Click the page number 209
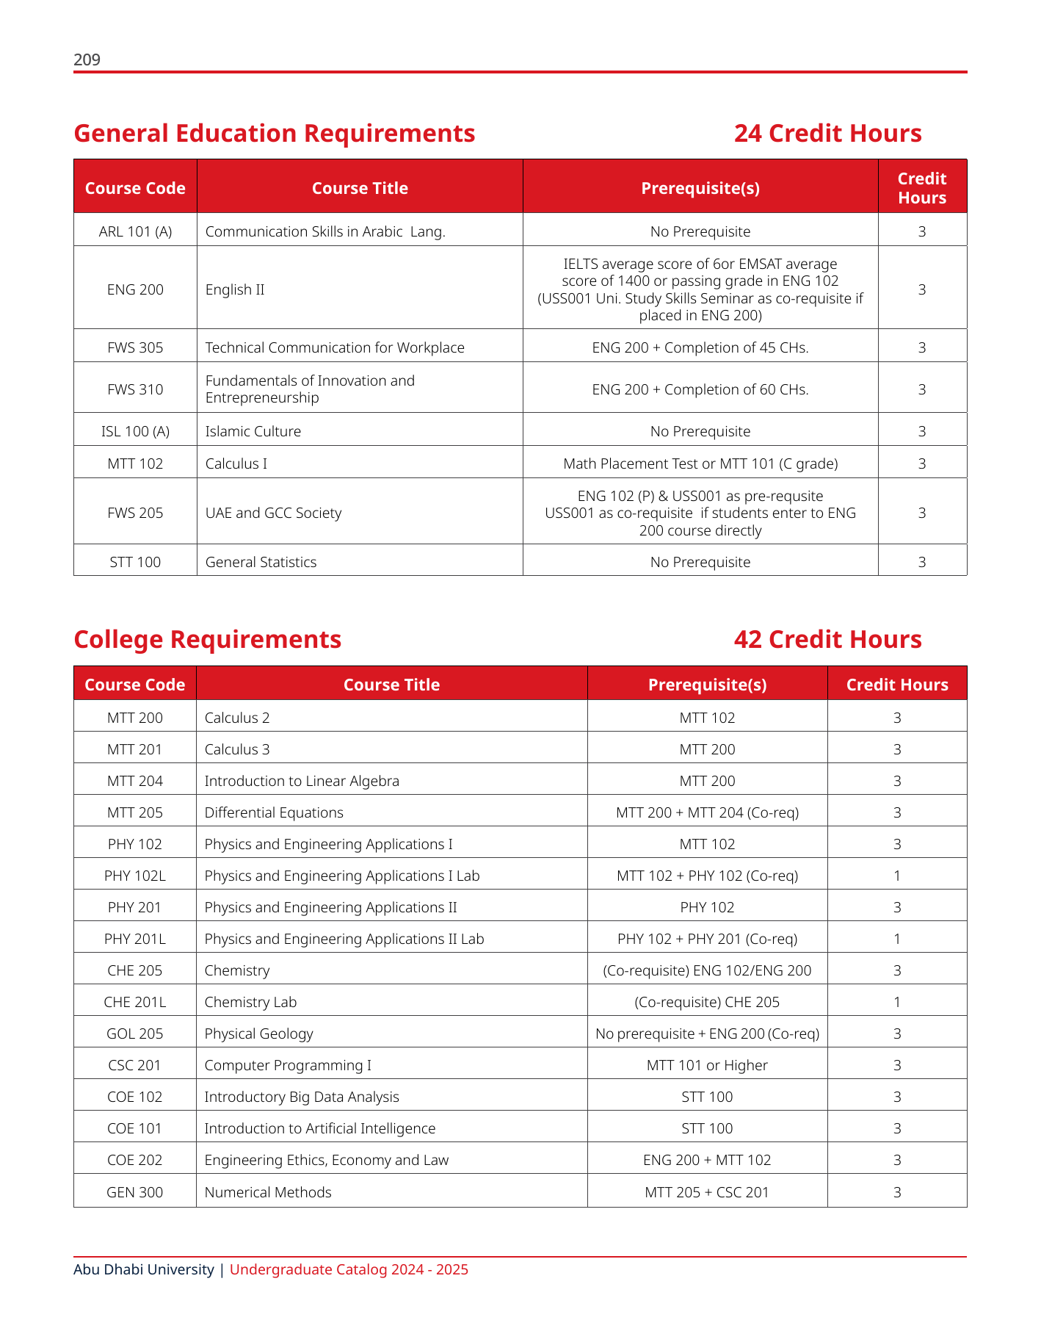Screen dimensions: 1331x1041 coord(87,59)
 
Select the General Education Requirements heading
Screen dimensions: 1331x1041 coord(275,134)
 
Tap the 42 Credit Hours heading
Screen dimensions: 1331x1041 coord(827,640)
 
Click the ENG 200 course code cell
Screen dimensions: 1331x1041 coord(135,289)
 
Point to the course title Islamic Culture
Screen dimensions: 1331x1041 coord(253,431)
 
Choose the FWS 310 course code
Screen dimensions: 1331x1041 coord(135,389)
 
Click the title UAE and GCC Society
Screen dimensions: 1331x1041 coord(273,513)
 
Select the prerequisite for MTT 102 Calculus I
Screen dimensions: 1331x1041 coord(700,463)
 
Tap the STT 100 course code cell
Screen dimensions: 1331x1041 coord(135,562)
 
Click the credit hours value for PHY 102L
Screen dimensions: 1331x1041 coord(897,876)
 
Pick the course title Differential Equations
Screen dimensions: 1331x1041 coord(274,812)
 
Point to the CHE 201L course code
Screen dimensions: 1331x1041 coord(135,1002)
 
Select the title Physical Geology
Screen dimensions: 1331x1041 coord(258,1034)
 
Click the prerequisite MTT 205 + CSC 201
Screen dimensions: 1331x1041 coord(707,1192)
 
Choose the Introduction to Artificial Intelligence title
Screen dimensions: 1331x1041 coord(319,1128)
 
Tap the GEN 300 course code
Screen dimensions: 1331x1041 coord(135,1192)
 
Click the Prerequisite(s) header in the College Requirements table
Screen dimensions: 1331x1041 coord(707,685)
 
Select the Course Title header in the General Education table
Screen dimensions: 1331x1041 coord(360,188)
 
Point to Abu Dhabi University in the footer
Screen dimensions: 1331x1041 coord(144,1269)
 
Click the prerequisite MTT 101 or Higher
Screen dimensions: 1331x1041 coord(707,1065)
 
